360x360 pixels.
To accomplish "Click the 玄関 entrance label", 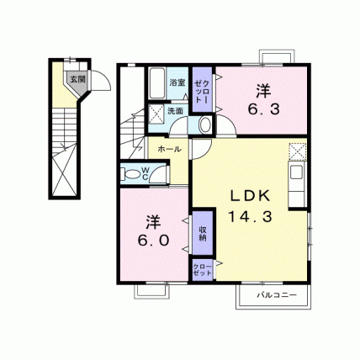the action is [77, 79].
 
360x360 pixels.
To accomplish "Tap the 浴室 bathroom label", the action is [177, 82].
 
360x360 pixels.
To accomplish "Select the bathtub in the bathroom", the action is [156, 83].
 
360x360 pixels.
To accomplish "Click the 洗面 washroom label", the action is [175, 111].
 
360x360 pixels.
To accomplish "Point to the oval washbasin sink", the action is [206, 124].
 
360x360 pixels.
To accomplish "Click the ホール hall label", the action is [169, 149].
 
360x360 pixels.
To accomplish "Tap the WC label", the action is [146, 173].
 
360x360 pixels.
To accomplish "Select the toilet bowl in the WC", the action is [130, 174].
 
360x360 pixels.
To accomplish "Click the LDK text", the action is [251, 196].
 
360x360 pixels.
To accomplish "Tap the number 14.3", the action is [251, 217].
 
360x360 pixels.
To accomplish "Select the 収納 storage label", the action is [203, 234].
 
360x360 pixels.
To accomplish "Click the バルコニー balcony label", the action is [277, 295].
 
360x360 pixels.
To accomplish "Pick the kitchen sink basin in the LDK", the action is [296, 172].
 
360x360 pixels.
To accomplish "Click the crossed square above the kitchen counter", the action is [298, 151].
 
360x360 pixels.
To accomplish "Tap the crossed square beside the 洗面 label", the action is [156, 114].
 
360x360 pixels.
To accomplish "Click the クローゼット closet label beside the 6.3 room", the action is [202, 91].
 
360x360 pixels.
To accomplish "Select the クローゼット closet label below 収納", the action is [202, 270].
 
